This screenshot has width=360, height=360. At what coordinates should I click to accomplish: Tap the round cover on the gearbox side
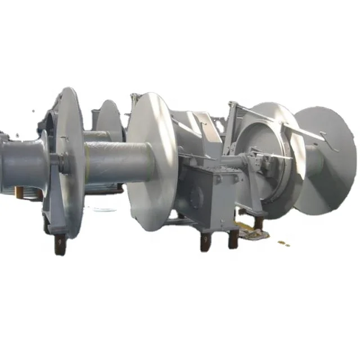point(196,196)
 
